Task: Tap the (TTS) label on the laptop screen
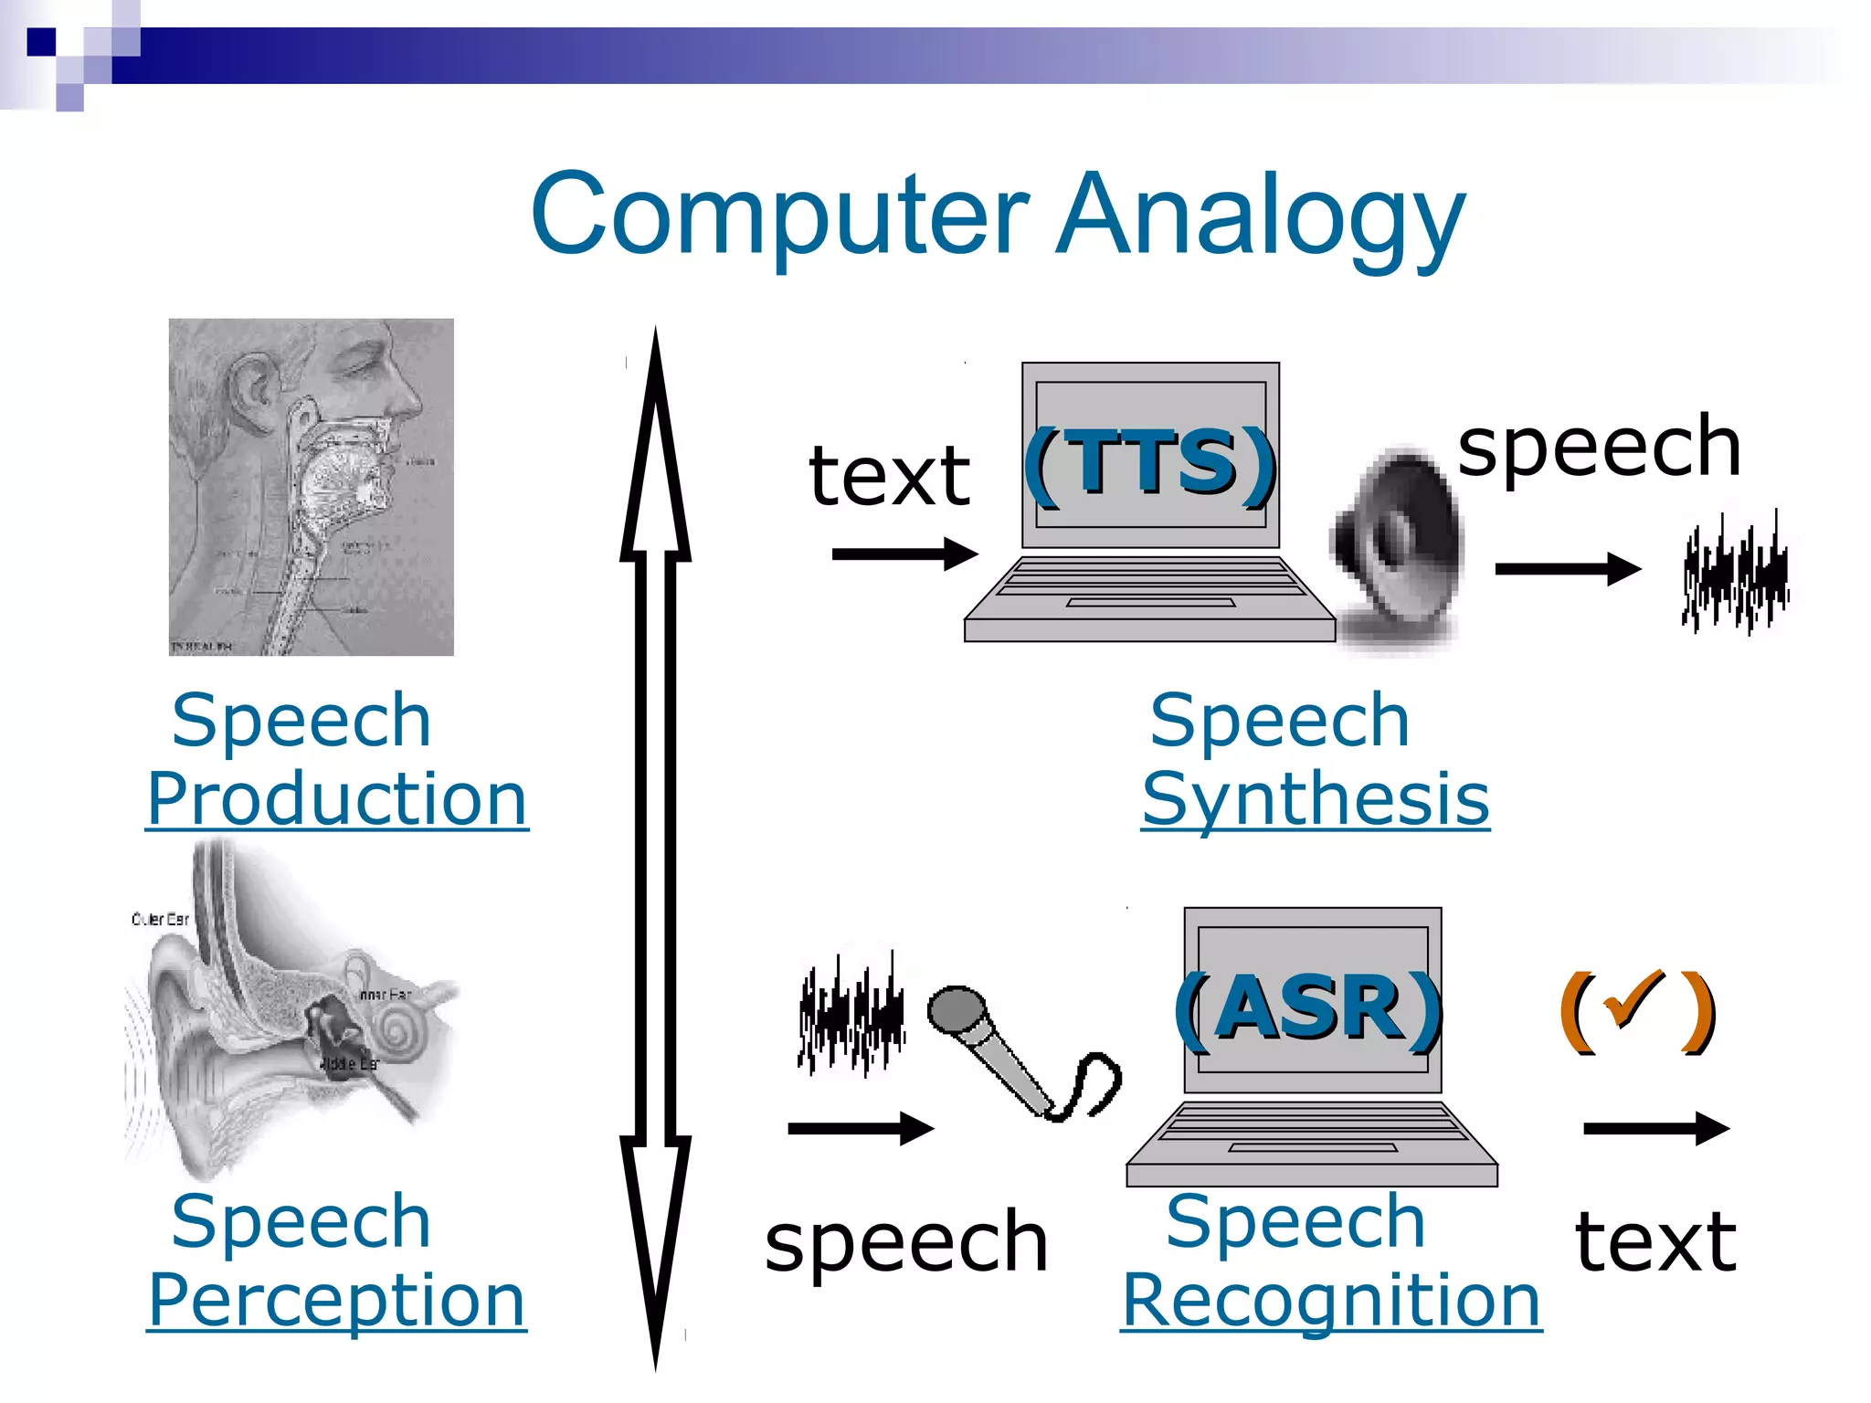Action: pyautogui.click(x=1149, y=464)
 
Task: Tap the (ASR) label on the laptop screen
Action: pyautogui.click(x=1309, y=1009)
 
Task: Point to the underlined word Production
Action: pyautogui.click(x=337, y=799)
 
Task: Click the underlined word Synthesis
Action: pyautogui.click(x=1316, y=799)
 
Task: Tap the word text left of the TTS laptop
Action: pyautogui.click(x=889, y=477)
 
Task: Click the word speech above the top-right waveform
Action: pyautogui.click(x=1599, y=448)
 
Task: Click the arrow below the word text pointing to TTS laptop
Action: pyautogui.click(x=904, y=554)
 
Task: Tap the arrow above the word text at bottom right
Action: pyautogui.click(x=1655, y=1128)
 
